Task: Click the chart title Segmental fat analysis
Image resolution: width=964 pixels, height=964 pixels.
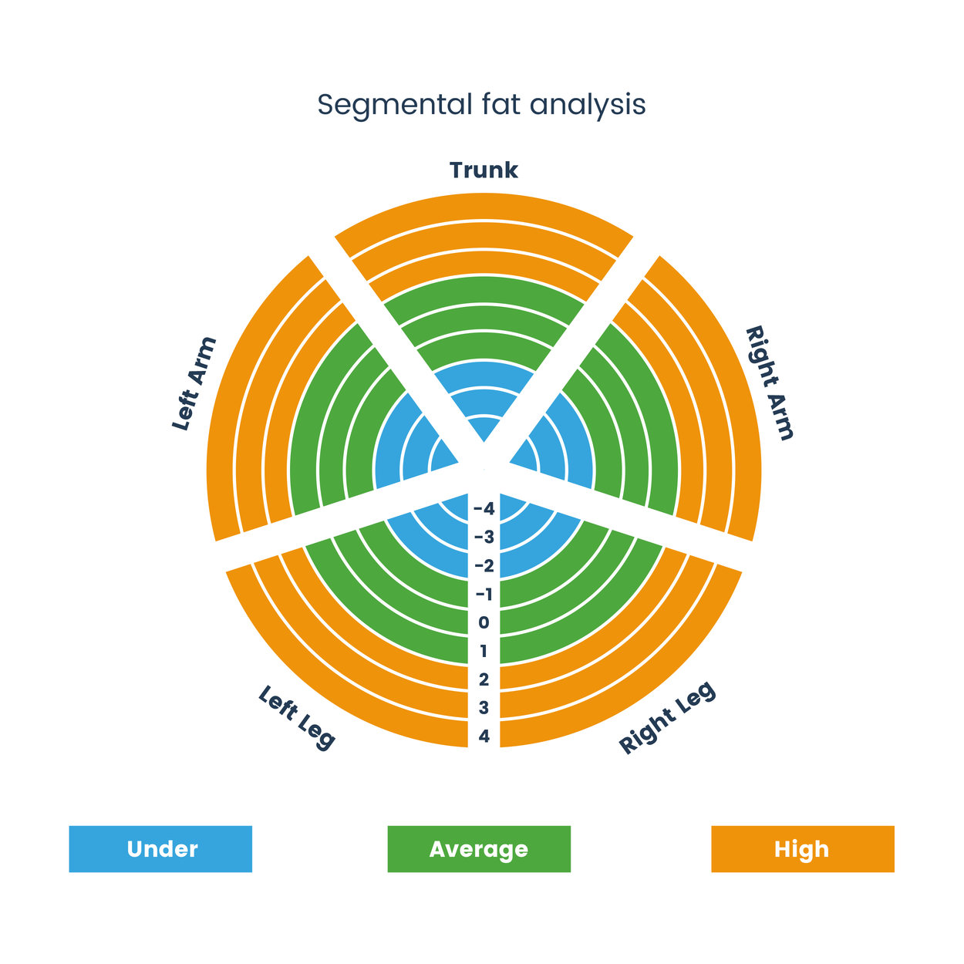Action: click(x=481, y=105)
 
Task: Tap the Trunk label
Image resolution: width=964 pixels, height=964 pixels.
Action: click(x=484, y=170)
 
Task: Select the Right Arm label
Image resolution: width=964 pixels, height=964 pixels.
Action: click(x=769, y=383)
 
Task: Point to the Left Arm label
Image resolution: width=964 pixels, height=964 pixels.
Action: click(x=194, y=384)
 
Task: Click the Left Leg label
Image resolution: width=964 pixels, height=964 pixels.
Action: click(x=297, y=717)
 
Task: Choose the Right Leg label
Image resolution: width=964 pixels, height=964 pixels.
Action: click(x=668, y=717)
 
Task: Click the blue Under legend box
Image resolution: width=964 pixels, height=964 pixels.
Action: click(x=160, y=849)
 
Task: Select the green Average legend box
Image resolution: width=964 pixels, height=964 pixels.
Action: click(x=479, y=849)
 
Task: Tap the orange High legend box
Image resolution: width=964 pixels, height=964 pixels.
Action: click(x=802, y=849)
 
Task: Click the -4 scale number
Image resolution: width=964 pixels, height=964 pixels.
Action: click(x=484, y=509)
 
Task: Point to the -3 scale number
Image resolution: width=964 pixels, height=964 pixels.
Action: click(x=484, y=538)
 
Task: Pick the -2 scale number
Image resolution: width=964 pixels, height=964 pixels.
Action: click(x=484, y=566)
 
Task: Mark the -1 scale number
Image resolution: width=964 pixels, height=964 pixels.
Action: click(x=484, y=595)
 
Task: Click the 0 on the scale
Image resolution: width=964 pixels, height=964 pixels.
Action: click(x=484, y=622)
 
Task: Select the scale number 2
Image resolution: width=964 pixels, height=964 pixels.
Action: click(x=484, y=679)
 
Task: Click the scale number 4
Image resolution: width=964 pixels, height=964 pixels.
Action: click(x=484, y=736)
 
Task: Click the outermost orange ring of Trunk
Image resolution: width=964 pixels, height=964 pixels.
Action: click(x=484, y=206)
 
